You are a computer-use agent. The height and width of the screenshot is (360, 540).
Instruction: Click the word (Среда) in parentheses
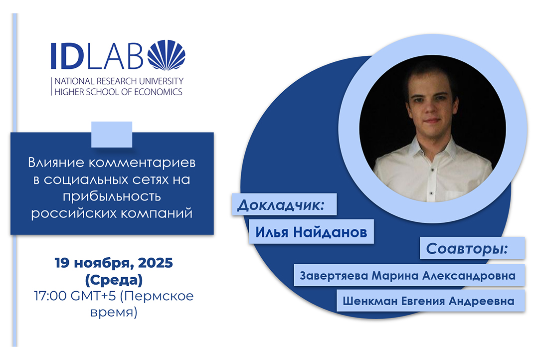[112, 277]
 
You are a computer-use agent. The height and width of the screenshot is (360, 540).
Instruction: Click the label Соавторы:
[466, 248]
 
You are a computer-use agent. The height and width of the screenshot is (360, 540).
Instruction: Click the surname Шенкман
[367, 302]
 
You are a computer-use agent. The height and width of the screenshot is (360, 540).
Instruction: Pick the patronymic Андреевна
[486, 302]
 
